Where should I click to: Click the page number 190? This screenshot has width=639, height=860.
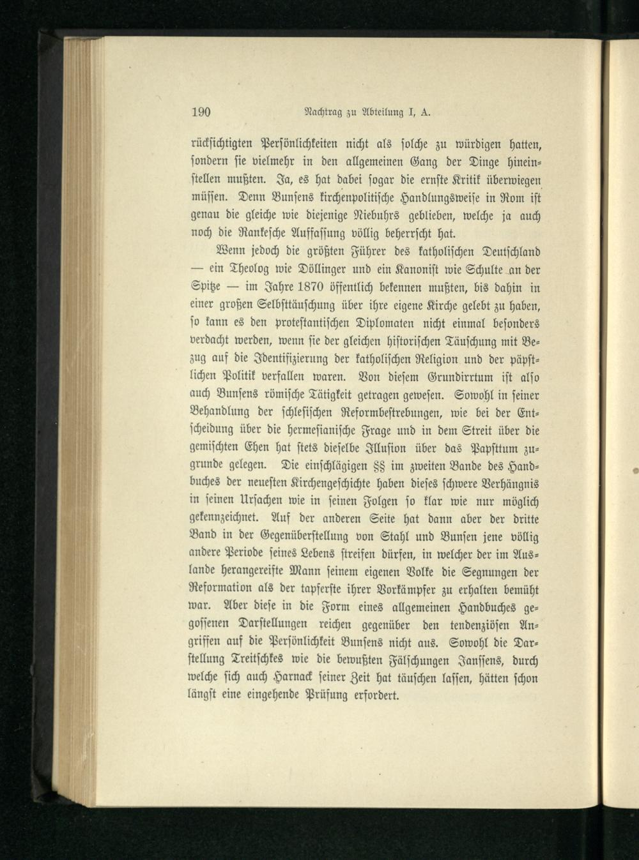coord(202,112)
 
